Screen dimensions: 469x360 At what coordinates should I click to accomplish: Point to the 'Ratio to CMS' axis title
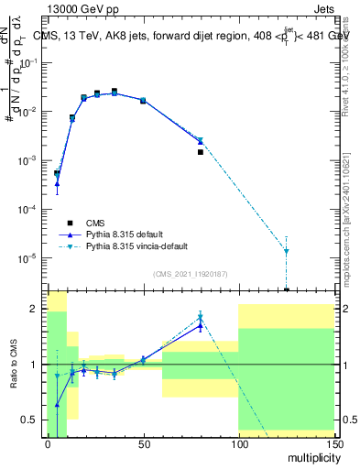(x=16, y=365)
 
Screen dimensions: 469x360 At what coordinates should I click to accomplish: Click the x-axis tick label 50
(x=143, y=443)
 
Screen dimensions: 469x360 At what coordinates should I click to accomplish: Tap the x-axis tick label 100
(x=238, y=443)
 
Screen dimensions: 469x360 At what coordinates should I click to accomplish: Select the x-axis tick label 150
(x=333, y=443)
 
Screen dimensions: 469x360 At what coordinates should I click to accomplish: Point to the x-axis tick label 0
(x=48, y=443)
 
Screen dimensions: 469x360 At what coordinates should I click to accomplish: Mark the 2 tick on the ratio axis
(x=37, y=309)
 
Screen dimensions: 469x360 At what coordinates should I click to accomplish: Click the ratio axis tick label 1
(x=37, y=365)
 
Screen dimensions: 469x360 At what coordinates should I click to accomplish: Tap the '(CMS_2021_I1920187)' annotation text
(x=191, y=274)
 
